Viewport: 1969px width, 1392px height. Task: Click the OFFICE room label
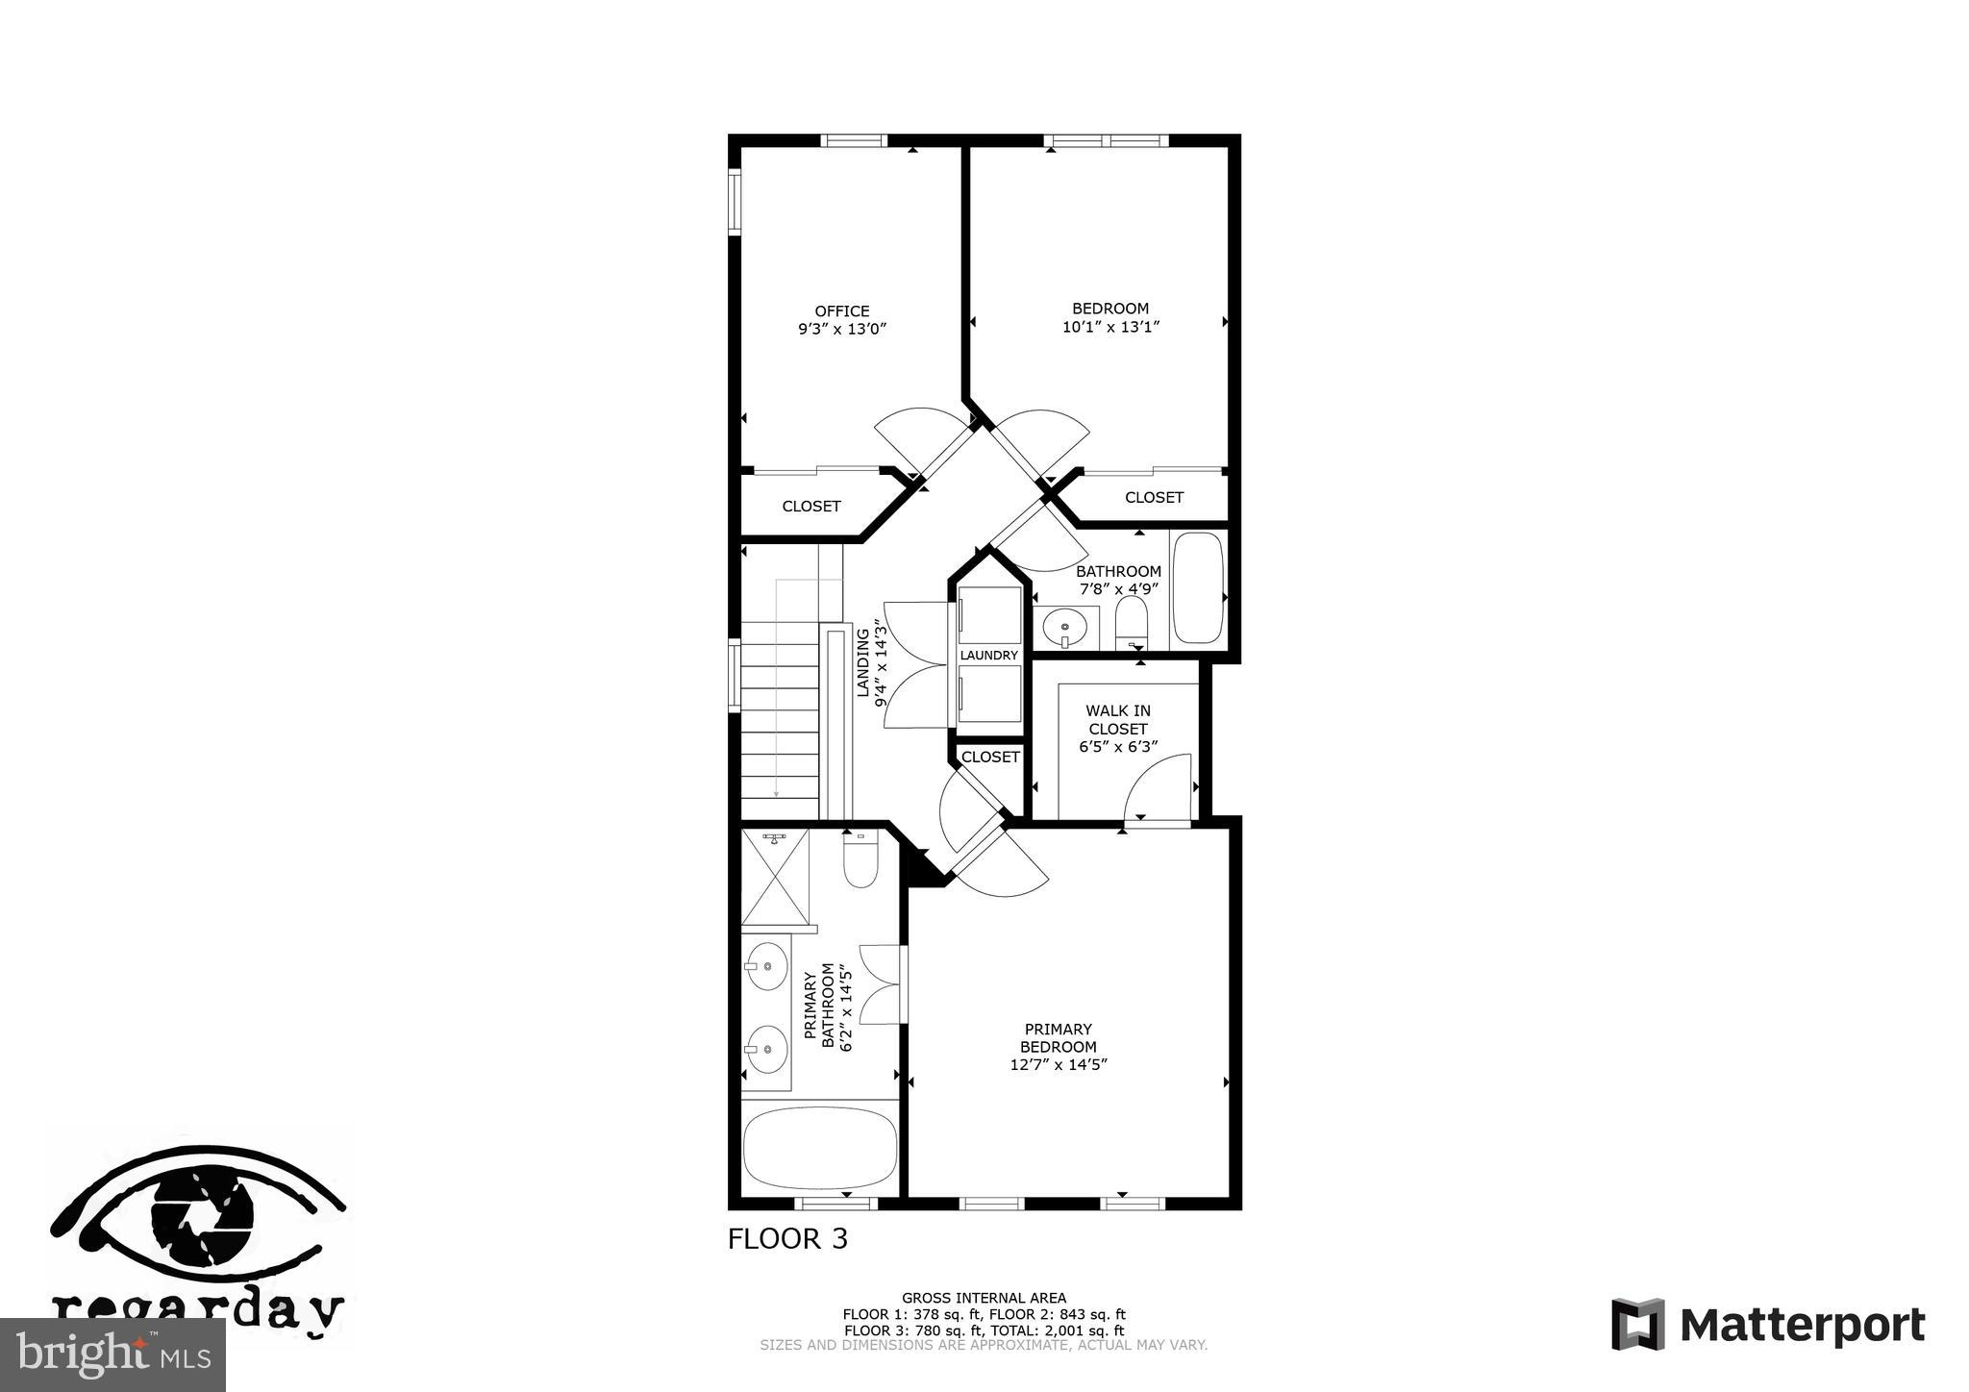point(841,311)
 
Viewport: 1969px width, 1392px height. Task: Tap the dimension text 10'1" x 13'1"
point(1110,327)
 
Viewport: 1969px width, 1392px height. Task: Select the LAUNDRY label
point(988,656)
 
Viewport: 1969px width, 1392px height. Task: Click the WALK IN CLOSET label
point(1117,719)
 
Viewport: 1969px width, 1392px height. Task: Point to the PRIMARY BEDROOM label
point(1058,1038)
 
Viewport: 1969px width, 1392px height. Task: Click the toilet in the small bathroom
point(1133,620)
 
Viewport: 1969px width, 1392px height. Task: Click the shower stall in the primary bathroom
point(775,880)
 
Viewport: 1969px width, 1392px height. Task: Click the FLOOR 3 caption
point(787,1239)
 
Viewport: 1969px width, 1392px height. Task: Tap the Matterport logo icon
point(1637,1324)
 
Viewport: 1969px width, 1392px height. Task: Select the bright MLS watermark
point(112,1355)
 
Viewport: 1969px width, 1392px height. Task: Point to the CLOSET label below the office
point(810,507)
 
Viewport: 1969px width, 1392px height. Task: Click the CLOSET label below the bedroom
point(1154,497)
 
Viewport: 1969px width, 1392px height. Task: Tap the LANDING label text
point(862,662)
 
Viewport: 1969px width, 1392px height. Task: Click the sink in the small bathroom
point(1065,628)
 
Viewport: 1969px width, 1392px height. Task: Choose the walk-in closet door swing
point(1159,788)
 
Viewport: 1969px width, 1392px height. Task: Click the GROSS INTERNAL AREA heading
point(983,1298)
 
